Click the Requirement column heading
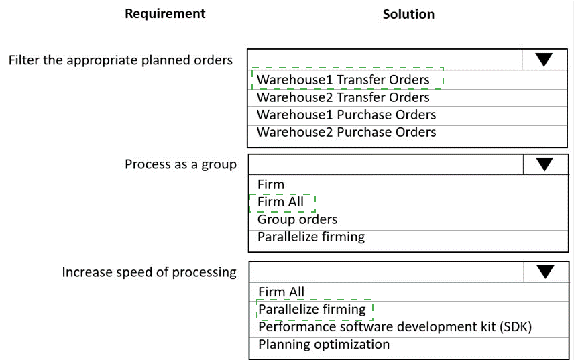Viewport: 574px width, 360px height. pos(165,13)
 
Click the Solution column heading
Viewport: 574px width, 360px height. pos(408,14)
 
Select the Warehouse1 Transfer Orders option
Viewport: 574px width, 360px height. pos(343,80)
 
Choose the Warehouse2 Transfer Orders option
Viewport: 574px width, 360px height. pos(343,97)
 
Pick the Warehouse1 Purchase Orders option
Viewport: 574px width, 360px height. pos(346,115)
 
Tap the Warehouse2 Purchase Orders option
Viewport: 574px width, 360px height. pos(346,132)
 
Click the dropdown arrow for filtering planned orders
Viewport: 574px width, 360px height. pos(544,60)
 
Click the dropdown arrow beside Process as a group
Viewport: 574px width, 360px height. pos(544,164)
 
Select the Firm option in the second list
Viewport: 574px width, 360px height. pos(271,184)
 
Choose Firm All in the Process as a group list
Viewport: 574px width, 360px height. pos(280,202)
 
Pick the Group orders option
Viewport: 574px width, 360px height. pos(297,219)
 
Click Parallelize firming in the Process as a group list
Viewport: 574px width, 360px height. pos(311,237)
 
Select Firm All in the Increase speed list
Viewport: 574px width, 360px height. pos(281,292)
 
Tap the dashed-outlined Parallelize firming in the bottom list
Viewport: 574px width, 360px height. pos(312,309)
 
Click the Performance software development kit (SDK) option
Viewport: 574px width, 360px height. pos(395,326)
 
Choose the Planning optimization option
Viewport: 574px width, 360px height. pos(323,344)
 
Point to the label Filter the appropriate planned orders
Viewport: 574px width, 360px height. pos(121,60)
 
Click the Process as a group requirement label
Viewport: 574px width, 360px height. pos(180,164)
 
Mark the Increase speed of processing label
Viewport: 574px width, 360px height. pos(149,272)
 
